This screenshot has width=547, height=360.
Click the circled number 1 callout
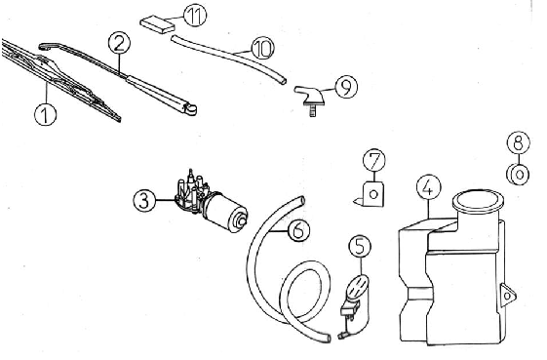pyautogui.click(x=46, y=114)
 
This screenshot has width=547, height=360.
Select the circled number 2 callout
pyautogui.click(x=119, y=43)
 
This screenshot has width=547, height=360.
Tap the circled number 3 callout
pyautogui.click(x=144, y=201)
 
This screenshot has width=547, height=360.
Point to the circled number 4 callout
pyautogui.click(x=429, y=187)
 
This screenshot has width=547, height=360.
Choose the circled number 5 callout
pyautogui.click(x=360, y=246)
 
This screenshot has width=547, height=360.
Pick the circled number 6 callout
pyautogui.click(x=299, y=230)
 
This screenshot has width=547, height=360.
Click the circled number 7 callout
pyautogui.click(x=374, y=160)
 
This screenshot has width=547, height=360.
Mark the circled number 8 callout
pyautogui.click(x=519, y=142)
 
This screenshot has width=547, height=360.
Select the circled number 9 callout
pyautogui.click(x=346, y=87)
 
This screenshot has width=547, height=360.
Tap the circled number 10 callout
pyautogui.click(x=262, y=48)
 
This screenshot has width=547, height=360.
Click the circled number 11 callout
pyautogui.click(x=195, y=16)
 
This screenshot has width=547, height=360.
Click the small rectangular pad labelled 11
pyautogui.click(x=158, y=24)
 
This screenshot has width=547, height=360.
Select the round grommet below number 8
pyautogui.click(x=518, y=174)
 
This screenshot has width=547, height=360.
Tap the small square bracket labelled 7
pyautogui.click(x=371, y=194)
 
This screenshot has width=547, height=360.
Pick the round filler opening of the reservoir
pyautogui.click(x=478, y=201)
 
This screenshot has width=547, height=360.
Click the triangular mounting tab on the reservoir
pyautogui.click(x=507, y=296)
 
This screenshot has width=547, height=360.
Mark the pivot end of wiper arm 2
pyautogui.click(x=190, y=109)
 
